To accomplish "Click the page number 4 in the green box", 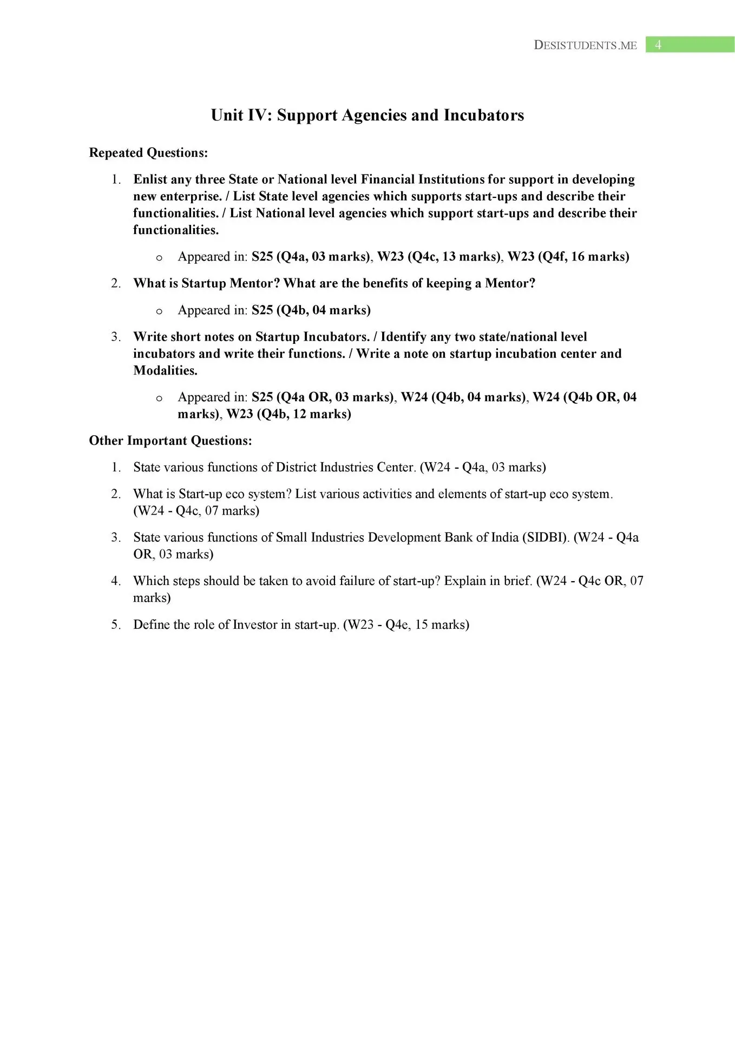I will coord(658,45).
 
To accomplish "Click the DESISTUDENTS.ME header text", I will coord(585,45).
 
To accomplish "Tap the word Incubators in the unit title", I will coord(484,115).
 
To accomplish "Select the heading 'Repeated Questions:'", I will coord(148,153).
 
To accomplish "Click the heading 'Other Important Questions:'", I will coord(170,441).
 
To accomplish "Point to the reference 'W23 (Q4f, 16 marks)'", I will coord(568,256).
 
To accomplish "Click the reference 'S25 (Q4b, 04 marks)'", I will coord(311,310).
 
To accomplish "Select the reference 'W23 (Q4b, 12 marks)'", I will coord(289,414).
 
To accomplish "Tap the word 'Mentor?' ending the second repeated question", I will coord(510,283).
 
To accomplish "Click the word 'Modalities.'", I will coord(165,371).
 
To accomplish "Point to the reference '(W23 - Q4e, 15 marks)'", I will coord(406,624).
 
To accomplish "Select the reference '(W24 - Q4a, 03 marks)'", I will coord(483,467).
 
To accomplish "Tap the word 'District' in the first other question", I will coord(296,467).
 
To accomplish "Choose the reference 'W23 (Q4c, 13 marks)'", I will coord(439,256).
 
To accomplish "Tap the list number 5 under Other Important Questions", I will coord(115,624).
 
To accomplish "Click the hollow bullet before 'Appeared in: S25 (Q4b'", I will coord(159,311).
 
